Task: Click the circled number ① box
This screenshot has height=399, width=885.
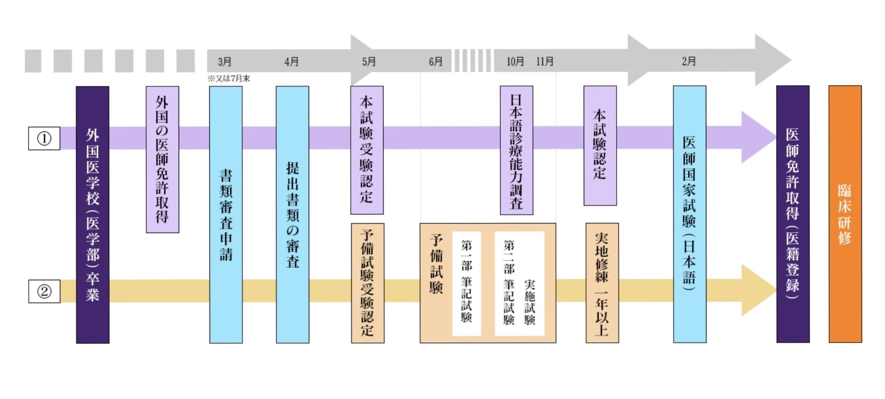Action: click(44, 138)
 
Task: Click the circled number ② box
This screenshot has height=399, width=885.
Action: click(44, 291)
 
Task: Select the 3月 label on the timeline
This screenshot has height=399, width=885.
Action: click(225, 62)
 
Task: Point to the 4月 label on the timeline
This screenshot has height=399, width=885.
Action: click(291, 62)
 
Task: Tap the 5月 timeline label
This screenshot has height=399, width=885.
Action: click(369, 62)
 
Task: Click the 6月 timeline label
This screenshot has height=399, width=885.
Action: click(435, 62)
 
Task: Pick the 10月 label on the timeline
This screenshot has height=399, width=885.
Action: click(515, 62)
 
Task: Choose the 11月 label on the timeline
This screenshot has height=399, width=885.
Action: click(545, 62)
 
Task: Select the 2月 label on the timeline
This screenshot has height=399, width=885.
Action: click(688, 62)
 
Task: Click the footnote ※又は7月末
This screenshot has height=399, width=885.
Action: click(229, 79)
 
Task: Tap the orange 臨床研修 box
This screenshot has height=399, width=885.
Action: click(845, 214)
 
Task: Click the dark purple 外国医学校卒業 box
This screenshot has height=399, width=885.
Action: click(93, 214)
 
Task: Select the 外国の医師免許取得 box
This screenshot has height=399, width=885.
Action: click(162, 159)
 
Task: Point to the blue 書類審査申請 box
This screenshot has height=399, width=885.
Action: click(226, 214)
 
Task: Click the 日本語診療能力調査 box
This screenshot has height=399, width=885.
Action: click(516, 150)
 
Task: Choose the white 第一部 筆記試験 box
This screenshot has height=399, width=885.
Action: click(466, 283)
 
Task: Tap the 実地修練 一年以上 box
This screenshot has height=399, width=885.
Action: click(602, 283)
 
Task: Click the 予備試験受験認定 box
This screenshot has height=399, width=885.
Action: click(367, 283)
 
